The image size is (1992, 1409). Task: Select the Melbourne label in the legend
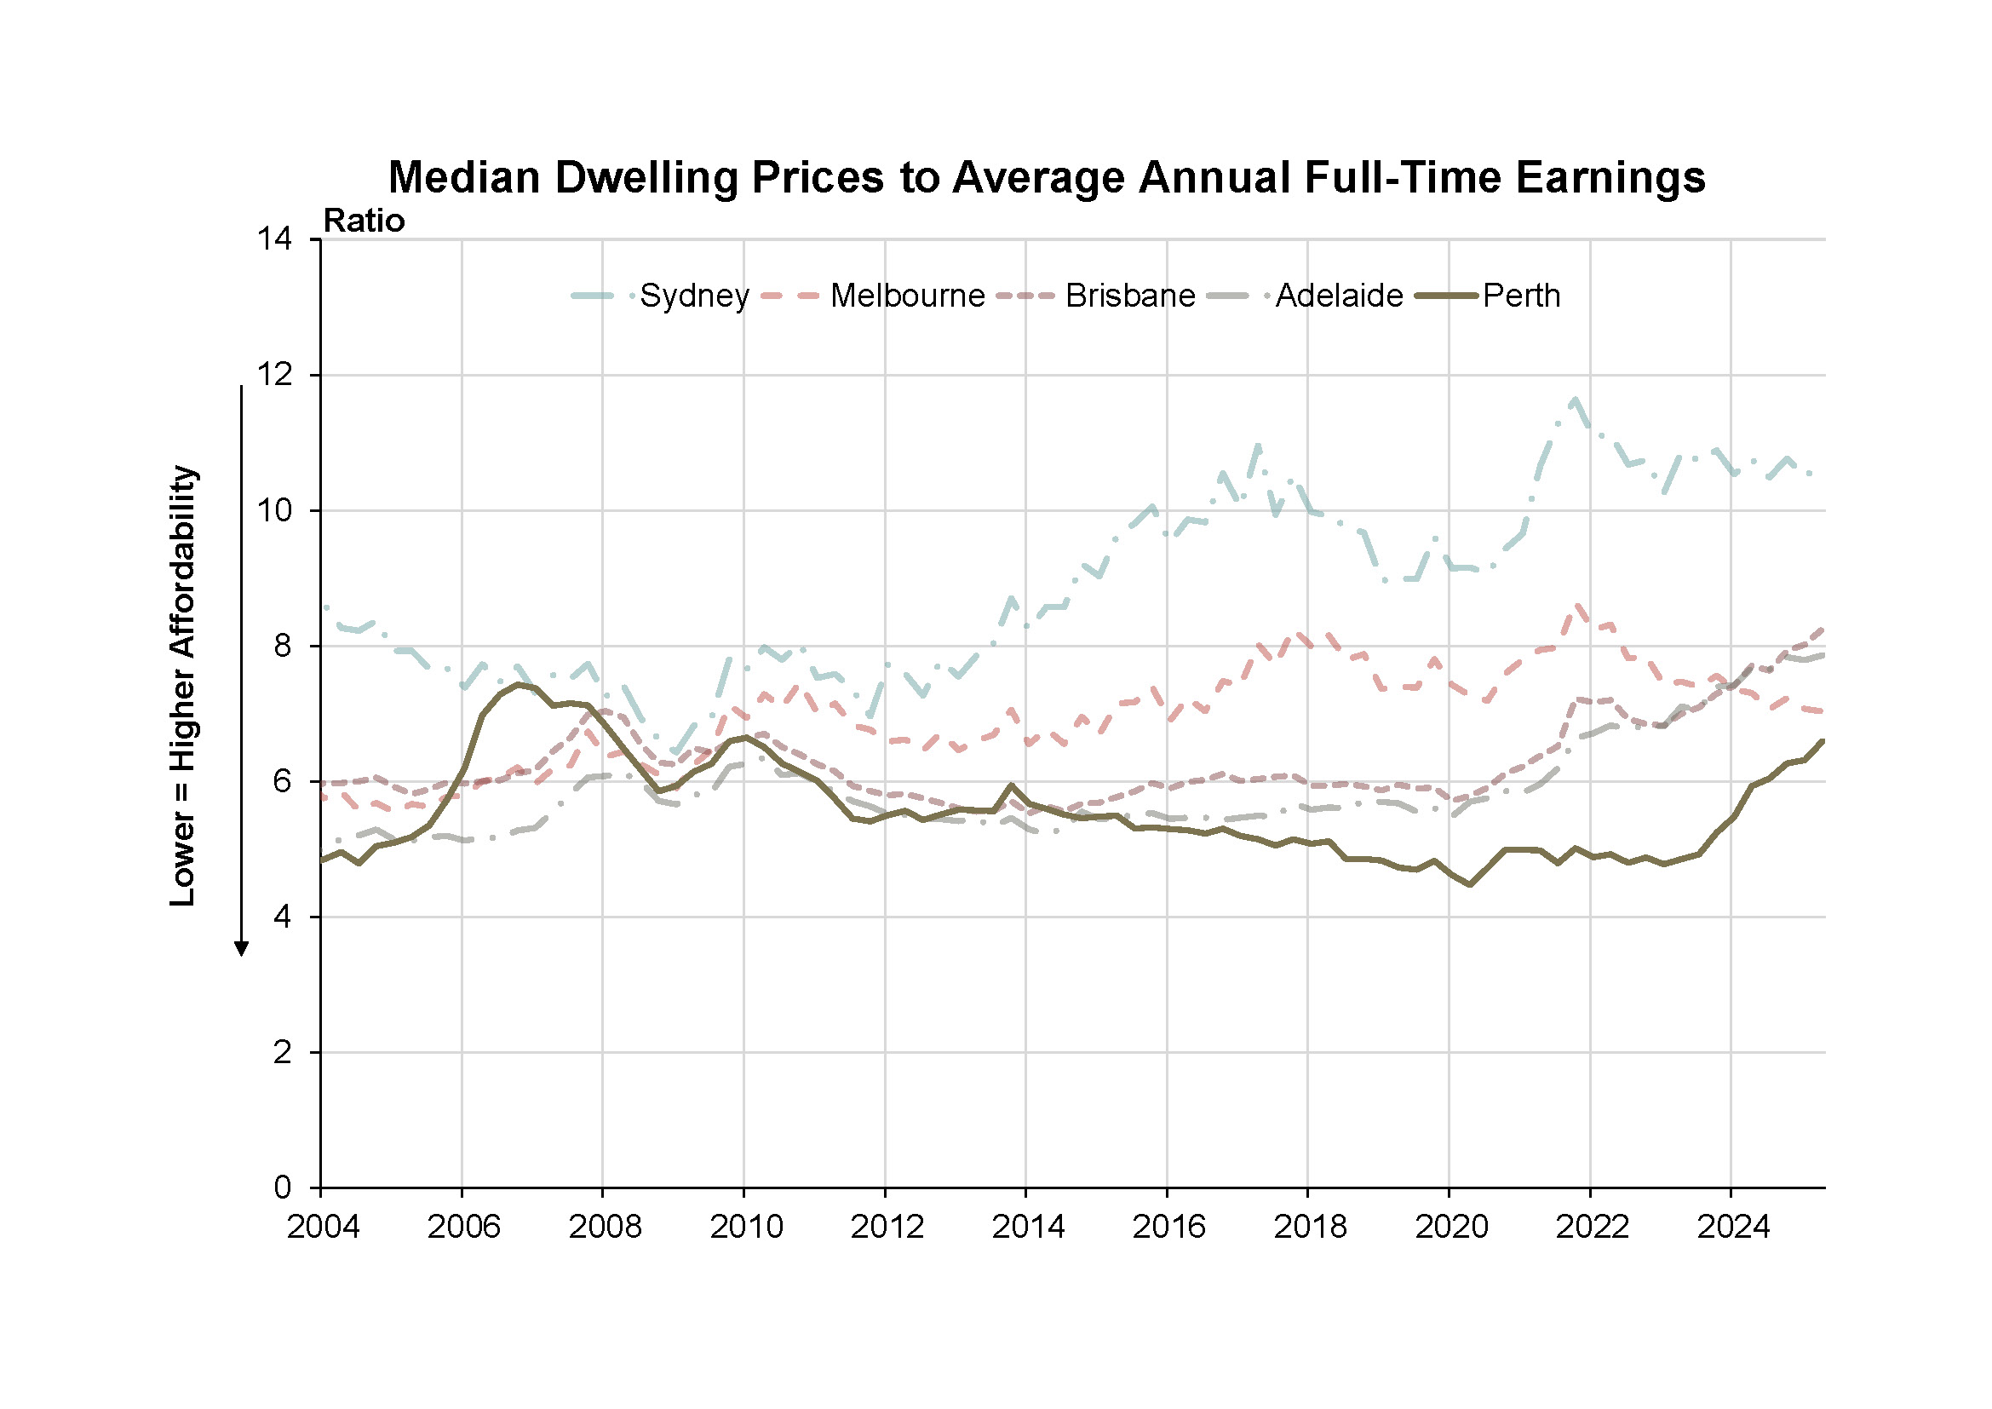coord(907,296)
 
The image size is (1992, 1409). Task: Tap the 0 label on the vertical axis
coord(282,1188)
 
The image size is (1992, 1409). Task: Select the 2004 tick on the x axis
coord(323,1227)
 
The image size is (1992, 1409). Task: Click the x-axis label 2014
coord(1028,1227)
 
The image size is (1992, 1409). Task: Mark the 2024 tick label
coord(1732,1227)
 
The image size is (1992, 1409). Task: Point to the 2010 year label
coord(746,1227)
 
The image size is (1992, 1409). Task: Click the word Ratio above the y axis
coord(364,221)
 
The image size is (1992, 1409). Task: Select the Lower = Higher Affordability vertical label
coord(183,687)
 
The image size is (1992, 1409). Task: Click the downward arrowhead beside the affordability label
coord(242,949)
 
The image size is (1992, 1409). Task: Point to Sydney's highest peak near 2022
coord(1576,399)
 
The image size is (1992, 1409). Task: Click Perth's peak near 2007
coord(518,684)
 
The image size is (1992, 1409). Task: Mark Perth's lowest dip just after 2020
coord(1469,885)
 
